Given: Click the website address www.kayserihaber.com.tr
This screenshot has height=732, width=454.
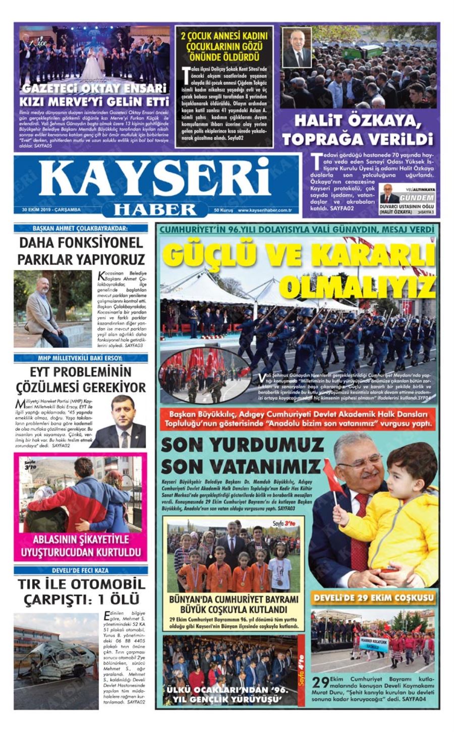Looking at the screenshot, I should point(265,210).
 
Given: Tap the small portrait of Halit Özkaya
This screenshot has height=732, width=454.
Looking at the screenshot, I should point(297,48).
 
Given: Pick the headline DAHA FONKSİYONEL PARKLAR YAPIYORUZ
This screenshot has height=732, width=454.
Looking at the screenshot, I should point(81,251).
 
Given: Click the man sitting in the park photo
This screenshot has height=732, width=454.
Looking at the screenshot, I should point(44,313).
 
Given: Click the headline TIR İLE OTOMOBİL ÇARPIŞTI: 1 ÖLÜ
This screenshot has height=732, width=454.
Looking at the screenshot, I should point(81,592).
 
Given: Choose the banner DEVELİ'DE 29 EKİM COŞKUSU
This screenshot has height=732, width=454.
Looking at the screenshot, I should point(373,598).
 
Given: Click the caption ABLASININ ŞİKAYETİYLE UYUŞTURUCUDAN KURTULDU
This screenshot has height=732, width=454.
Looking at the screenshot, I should point(81,546).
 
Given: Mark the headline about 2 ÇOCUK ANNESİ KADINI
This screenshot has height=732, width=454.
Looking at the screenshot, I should point(224,46).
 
